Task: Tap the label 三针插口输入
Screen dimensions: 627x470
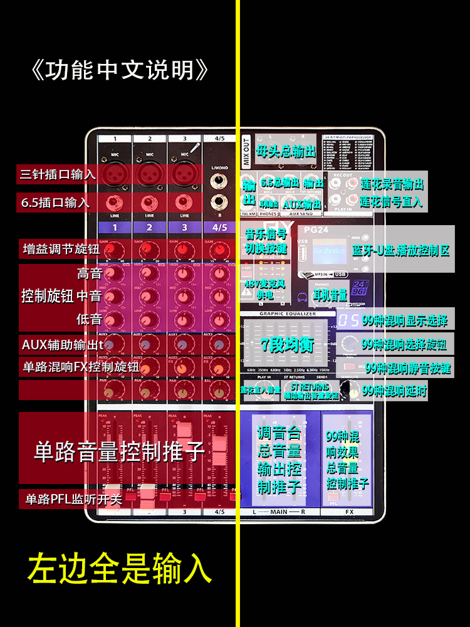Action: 58,174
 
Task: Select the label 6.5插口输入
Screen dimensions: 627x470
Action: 55,203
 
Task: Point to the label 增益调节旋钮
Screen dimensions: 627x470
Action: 61,249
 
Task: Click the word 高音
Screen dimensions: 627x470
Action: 90,273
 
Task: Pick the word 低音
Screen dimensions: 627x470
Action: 90,319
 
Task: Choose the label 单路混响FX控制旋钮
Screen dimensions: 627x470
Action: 81,367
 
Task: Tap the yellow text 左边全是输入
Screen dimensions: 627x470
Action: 120,569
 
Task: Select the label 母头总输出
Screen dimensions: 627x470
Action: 286,151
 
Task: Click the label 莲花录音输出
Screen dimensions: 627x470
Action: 392,184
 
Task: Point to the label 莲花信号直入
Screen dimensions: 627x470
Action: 392,202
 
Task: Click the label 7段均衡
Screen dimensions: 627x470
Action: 287,345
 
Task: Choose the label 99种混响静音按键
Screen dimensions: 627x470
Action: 408,368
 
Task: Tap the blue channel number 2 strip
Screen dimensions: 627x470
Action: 149,227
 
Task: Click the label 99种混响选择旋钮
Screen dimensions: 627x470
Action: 404,344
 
